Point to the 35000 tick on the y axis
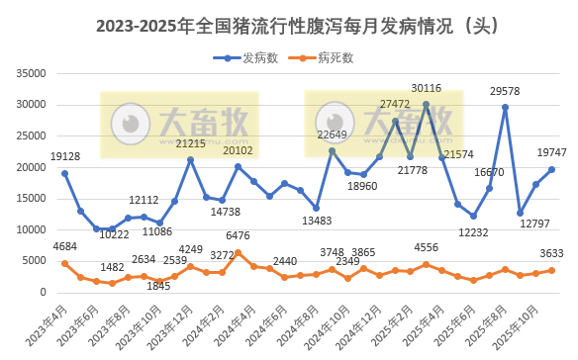pyautogui.click(x=32, y=73)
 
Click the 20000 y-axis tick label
pyautogui.click(x=32, y=167)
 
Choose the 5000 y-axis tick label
pyautogui.click(x=36, y=261)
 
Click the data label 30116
pyautogui.click(x=427, y=89)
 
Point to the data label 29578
pyautogui.click(x=505, y=92)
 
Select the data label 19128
pyautogui.click(x=64, y=156)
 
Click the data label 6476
pyautogui.click(x=238, y=236)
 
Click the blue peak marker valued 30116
pyautogui.click(x=427, y=104)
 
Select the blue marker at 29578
pyautogui.click(x=505, y=107)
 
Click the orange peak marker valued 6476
pyautogui.click(x=238, y=252)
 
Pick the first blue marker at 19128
pyautogui.click(x=64, y=173)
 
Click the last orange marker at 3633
pyautogui.click(x=552, y=270)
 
